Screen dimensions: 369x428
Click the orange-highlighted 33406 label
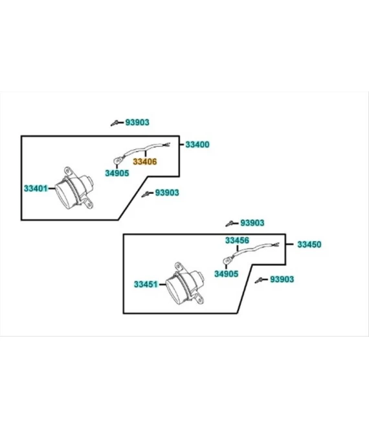coord(145,161)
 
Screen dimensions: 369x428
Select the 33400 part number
coord(197,145)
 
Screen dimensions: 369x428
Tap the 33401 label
coord(36,188)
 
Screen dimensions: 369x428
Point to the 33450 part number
coord(309,244)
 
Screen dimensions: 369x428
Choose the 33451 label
coord(146,285)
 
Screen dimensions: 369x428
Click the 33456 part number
coord(237,241)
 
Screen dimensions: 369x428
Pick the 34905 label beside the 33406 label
coord(117,173)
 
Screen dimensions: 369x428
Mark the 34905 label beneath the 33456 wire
coord(226,274)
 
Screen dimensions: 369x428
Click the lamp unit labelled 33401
coord(74,188)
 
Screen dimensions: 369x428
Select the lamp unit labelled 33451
coord(185,284)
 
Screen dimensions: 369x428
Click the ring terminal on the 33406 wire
coord(117,161)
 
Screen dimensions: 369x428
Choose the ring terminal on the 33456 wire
coord(227,261)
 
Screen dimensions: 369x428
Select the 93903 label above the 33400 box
coord(137,123)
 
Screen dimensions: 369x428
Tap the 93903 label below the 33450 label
coord(282,279)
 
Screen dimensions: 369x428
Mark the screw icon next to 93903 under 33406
coord(147,194)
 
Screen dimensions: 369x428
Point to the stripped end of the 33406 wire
coord(167,145)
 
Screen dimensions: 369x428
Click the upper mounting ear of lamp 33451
coord(178,266)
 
